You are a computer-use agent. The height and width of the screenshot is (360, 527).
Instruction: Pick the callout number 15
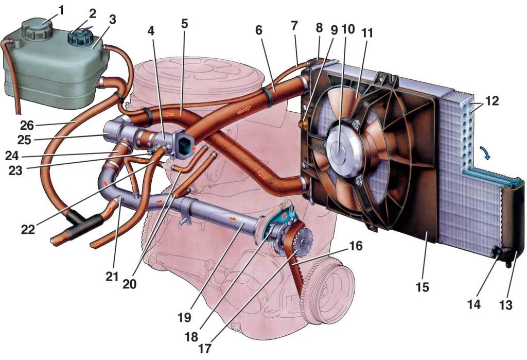tap(422, 286)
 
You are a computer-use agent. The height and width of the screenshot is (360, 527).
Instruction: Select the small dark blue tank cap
tap(80, 37)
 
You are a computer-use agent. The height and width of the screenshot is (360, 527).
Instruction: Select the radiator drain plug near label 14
tap(497, 252)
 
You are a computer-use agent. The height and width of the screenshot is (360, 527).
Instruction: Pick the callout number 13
tap(506, 304)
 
